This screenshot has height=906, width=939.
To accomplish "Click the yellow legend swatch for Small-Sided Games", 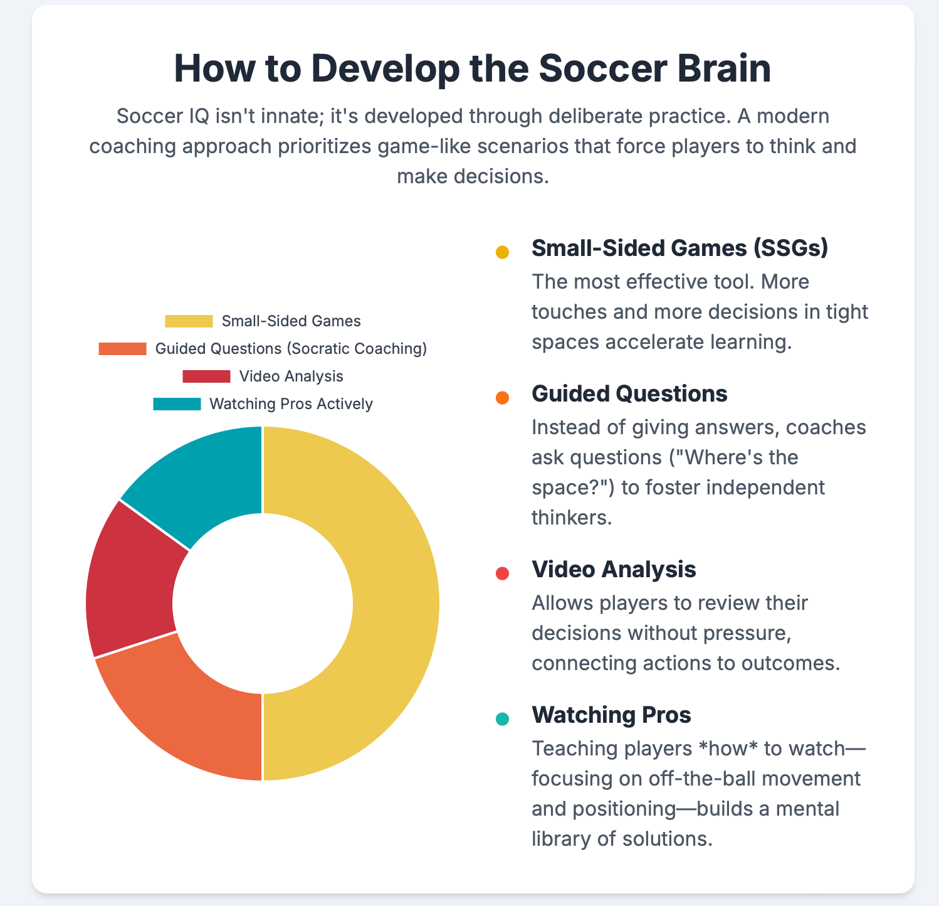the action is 189,321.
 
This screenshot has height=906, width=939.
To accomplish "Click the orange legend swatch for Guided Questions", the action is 122,349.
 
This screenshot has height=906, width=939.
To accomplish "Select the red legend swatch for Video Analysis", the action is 206,376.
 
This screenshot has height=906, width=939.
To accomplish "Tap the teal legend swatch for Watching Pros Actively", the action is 177,404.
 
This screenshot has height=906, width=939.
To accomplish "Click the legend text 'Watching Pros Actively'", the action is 291,404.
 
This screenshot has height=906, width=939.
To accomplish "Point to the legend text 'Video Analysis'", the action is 291,376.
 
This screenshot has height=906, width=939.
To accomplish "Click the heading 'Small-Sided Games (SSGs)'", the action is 680,248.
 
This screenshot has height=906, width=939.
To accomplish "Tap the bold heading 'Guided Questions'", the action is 629,394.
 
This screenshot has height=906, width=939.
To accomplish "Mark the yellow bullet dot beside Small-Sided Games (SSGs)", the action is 502,252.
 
